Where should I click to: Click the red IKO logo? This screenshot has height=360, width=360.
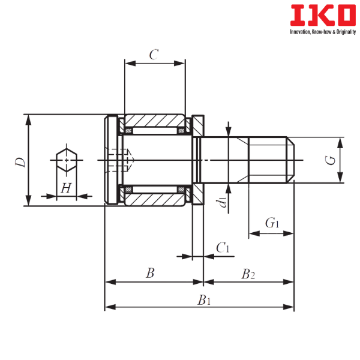point(323,16)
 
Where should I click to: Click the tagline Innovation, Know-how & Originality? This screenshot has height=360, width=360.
point(323,32)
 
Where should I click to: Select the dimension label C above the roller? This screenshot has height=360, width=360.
point(154,55)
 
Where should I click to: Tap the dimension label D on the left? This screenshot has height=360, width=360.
point(20,162)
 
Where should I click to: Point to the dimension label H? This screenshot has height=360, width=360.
point(67,188)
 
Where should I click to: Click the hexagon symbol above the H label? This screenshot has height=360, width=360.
point(67,160)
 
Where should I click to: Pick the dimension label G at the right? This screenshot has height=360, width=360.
point(331,160)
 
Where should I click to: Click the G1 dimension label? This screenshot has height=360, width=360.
point(272,223)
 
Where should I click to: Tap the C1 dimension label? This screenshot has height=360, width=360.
point(223,248)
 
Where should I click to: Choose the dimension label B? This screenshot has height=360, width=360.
point(150,273)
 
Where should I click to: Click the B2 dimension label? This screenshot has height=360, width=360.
point(248,274)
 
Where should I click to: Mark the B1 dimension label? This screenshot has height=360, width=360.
point(204,300)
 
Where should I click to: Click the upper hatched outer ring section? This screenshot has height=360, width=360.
point(155,121)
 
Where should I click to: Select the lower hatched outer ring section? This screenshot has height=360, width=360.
point(155,199)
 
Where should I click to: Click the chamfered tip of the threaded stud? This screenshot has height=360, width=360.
point(290,160)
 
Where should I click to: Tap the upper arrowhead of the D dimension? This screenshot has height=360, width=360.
point(28,119)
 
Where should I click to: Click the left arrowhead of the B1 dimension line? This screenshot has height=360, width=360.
point(110,307)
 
